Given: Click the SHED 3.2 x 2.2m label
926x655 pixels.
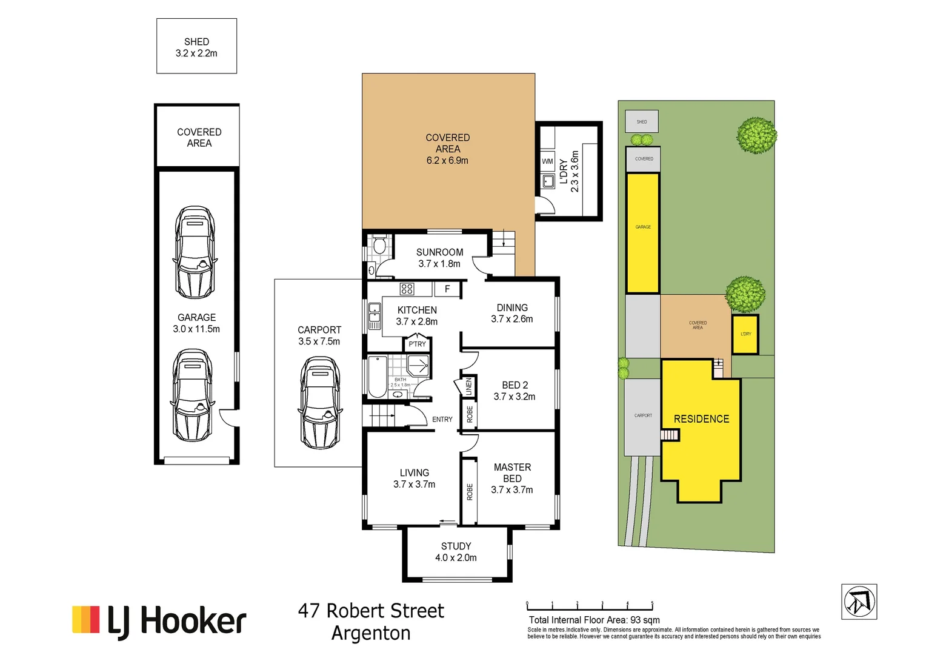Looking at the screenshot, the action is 196,47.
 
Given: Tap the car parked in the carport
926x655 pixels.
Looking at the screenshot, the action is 319,403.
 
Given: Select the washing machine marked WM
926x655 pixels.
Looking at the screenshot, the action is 547,161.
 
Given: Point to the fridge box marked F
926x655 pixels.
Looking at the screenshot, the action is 447,289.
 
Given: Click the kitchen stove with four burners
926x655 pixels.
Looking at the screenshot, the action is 407,289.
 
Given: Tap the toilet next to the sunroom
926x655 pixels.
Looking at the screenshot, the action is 379,245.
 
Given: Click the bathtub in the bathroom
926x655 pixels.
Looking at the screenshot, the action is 377,377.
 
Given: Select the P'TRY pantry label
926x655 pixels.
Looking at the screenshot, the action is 417,344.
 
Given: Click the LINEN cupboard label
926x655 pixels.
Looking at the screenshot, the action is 468,386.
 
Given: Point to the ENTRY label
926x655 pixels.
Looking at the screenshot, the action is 442,419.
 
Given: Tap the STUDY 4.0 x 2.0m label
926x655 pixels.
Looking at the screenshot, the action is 456,552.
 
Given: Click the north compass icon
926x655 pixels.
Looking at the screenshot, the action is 859,602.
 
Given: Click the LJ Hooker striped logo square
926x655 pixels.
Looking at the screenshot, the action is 85,619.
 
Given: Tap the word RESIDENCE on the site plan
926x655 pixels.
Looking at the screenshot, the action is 701,419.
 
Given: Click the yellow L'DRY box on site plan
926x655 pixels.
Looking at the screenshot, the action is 745,334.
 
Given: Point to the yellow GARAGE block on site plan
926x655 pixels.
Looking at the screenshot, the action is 642,233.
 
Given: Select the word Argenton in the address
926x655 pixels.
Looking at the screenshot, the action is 371,633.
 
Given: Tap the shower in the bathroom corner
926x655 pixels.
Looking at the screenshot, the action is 418,366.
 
